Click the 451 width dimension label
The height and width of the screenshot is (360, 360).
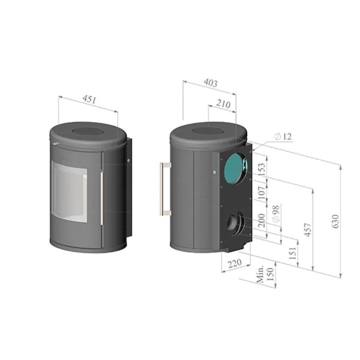point(89,100)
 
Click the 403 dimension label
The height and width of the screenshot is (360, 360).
point(210,83)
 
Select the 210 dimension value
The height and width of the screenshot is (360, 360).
point(223,104)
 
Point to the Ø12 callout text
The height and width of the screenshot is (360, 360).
point(283,137)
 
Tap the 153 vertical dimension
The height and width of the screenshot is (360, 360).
point(262,169)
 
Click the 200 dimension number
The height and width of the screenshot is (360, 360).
point(262,221)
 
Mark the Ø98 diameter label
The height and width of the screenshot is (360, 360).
point(276,214)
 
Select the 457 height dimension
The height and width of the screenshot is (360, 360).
point(308,229)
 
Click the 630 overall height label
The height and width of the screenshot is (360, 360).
point(335,221)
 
